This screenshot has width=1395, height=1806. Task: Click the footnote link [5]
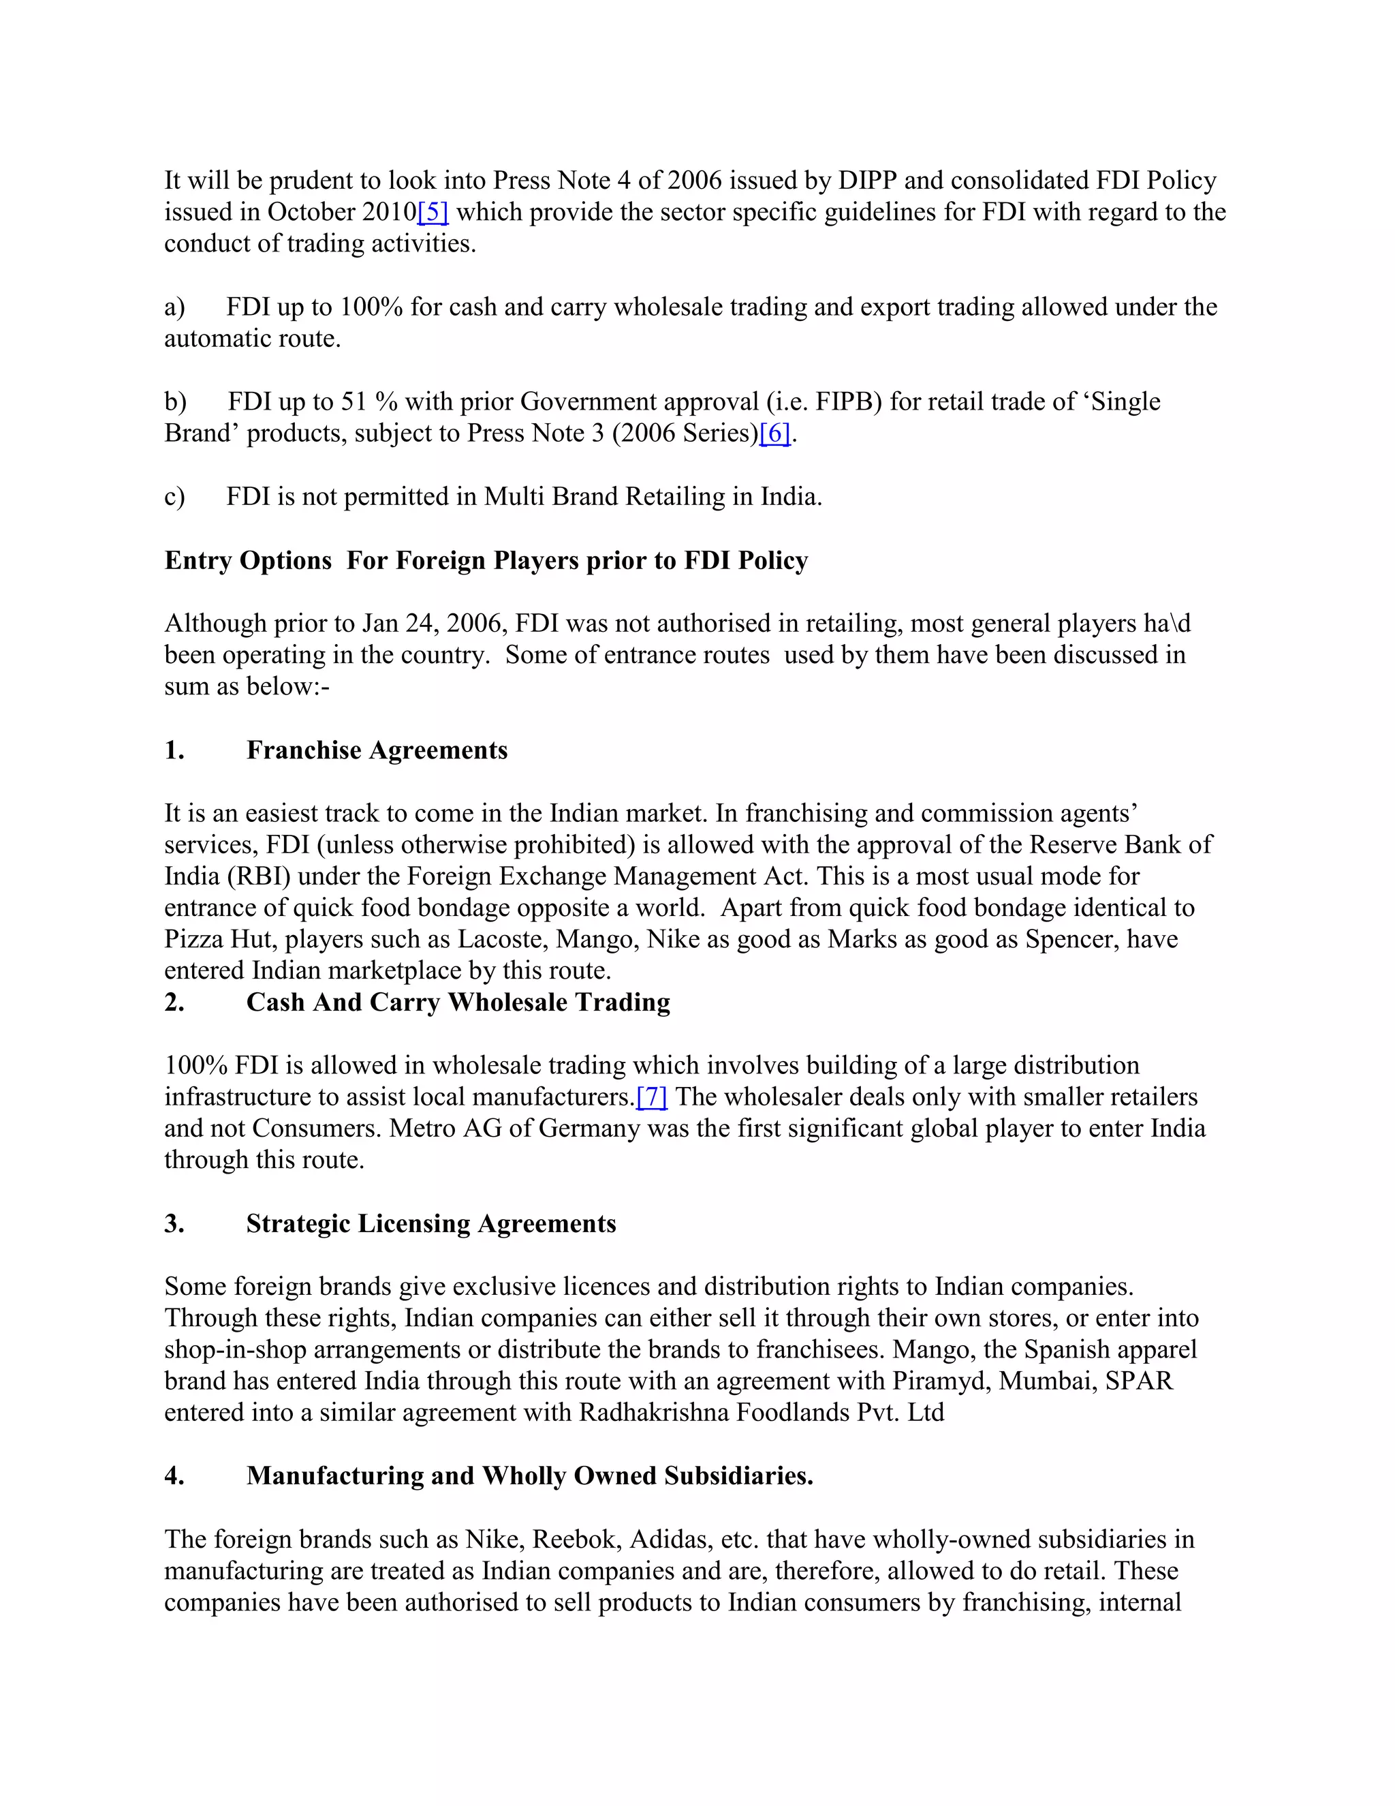433,213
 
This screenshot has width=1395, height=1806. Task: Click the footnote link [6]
775,433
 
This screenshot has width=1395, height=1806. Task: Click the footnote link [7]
651,1097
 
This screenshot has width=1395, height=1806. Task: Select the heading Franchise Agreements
377,751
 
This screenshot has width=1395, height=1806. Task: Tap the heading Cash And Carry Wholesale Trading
458,1003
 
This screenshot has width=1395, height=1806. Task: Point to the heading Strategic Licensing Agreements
430,1224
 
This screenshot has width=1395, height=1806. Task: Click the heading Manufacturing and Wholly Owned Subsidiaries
530,1476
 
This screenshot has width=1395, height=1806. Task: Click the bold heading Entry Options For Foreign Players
486,561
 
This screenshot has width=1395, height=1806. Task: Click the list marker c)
174,497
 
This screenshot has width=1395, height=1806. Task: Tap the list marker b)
175,402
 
